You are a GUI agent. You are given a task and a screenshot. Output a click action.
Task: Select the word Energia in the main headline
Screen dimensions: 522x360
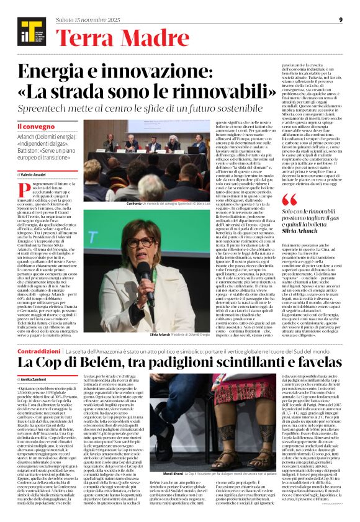coord(53,74)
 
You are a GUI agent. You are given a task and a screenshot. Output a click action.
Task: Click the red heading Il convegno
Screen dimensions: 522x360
coord(32,127)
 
